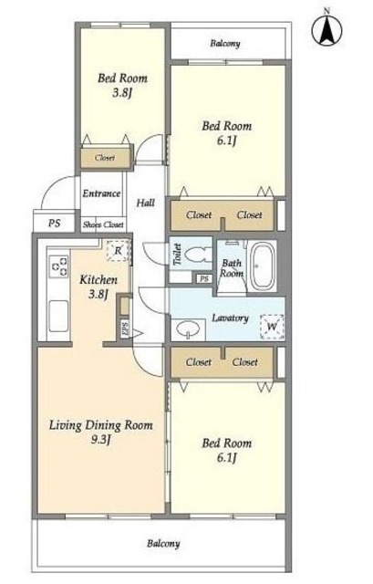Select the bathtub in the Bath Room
pyautogui.click(x=262, y=266)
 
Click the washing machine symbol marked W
pyautogui.click(x=272, y=327)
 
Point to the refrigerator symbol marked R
pyautogui.click(x=118, y=250)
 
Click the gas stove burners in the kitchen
pyautogui.click(x=59, y=266)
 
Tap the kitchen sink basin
pyautogui.click(x=58, y=316)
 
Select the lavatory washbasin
pyautogui.click(x=188, y=329)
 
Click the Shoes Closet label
pyautogui.click(x=103, y=224)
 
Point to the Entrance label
pyautogui.click(x=101, y=193)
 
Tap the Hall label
pyautogui.click(x=146, y=203)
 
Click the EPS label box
pyautogui.click(x=125, y=328)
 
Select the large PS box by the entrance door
pyautogui.click(x=55, y=223)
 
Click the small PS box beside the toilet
pyautogui.click(x=204, y=278)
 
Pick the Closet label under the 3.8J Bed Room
pyautogui.click(x=105, y=158)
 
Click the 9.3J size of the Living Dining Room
pyautogui.click(x=101, y=440)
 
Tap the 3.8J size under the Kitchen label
pyautogui.click(x=98, y=294)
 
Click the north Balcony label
pyautogui.click(x=225, y=44)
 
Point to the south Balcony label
pyautogui.click(x=163, y=544)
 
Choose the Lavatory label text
pyautogui.click(x=230, y=318)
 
